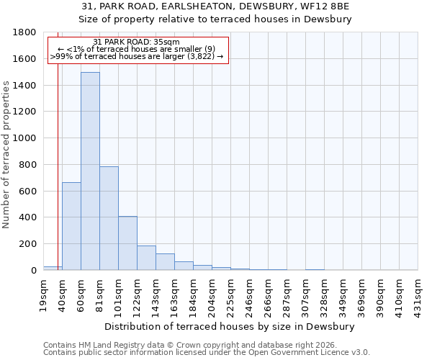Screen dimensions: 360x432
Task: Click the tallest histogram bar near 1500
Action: pyautogui.click(x=90, y=171)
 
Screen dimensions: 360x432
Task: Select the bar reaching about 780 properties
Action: pyautogui.click(x=109, y=218)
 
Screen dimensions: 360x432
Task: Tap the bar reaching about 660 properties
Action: pyautogui.click(x=71, y=226)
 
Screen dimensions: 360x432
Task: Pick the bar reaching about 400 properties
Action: pyautogui.click(x=127, y=243)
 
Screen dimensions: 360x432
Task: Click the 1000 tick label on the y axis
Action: pyautogui.click(x=25, y=138)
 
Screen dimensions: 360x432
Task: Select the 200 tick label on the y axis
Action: pyautogui.click(x=28, y=244)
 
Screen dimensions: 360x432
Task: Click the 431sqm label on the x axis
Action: pyautogui.click(x=418, y=295)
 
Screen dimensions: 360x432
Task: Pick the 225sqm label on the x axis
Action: pyautogui.click(x=231, y=295)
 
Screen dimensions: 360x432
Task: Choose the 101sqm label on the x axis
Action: pyautogui.click(x=119, y=295)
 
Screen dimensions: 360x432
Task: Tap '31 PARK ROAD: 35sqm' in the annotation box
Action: pyautogui.click(x=137, y=42)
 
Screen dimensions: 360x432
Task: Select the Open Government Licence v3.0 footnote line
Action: pyautogui.click(x=207, y=352)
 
